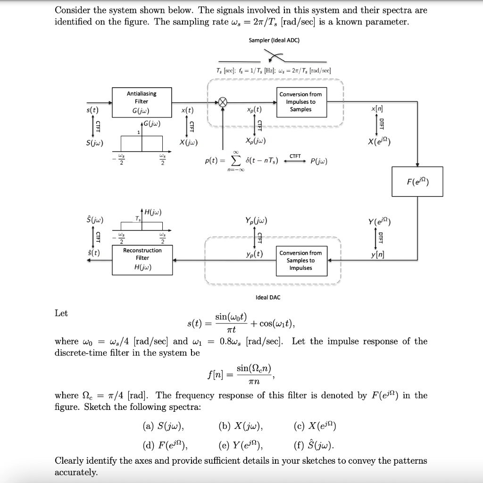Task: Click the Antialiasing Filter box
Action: coord(141,101)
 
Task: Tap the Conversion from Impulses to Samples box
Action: coord(300,101)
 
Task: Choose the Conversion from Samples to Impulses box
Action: coord(300,260)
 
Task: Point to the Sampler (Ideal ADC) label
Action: coord(274,40)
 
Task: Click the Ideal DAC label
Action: coord(268,297)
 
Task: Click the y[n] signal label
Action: coord(378,255)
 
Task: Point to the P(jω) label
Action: coord(320,161)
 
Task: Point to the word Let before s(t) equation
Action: coord(61,313)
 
